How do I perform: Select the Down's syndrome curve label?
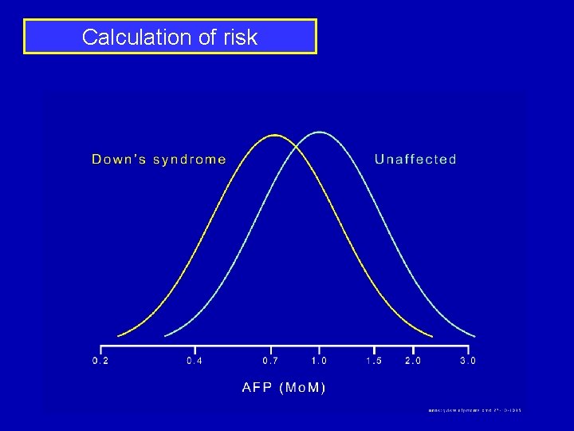159,159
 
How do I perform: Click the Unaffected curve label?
415,159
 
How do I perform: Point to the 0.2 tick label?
101,361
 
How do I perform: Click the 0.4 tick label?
195,361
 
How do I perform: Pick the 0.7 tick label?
271,361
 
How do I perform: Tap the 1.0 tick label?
319,361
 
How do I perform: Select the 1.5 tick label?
373,361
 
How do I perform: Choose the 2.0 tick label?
413,361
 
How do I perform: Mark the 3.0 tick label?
468,361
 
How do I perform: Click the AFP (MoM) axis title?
285,388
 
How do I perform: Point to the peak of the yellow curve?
274,135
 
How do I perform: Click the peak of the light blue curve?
319,132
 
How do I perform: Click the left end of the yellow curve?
119,335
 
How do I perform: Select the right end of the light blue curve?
475,335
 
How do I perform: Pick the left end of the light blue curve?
165,335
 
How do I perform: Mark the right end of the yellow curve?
432,335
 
